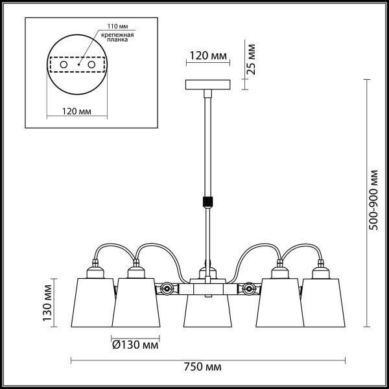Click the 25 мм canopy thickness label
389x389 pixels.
coord(252,59)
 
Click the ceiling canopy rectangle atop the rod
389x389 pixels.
coord(208,85)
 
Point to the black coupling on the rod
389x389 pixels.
coord(208,200)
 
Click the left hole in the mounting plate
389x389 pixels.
coord(64,65)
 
